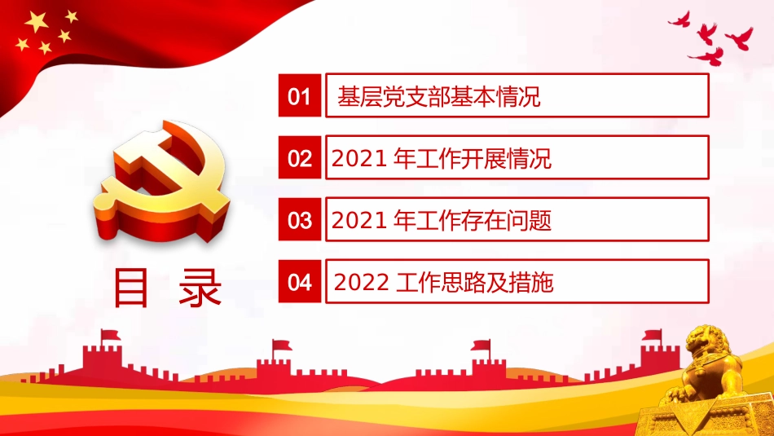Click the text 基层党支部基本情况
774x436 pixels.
tap(439, 99)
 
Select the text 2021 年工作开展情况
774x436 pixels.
tap(442, 159)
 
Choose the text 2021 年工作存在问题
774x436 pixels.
tap(442, 220)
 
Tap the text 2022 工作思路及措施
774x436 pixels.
tap(443, 282)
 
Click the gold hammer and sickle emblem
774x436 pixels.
tap(163, 179)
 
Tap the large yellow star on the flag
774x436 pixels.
tap(36, 22)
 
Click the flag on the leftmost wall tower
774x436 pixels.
tap(109, 335)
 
